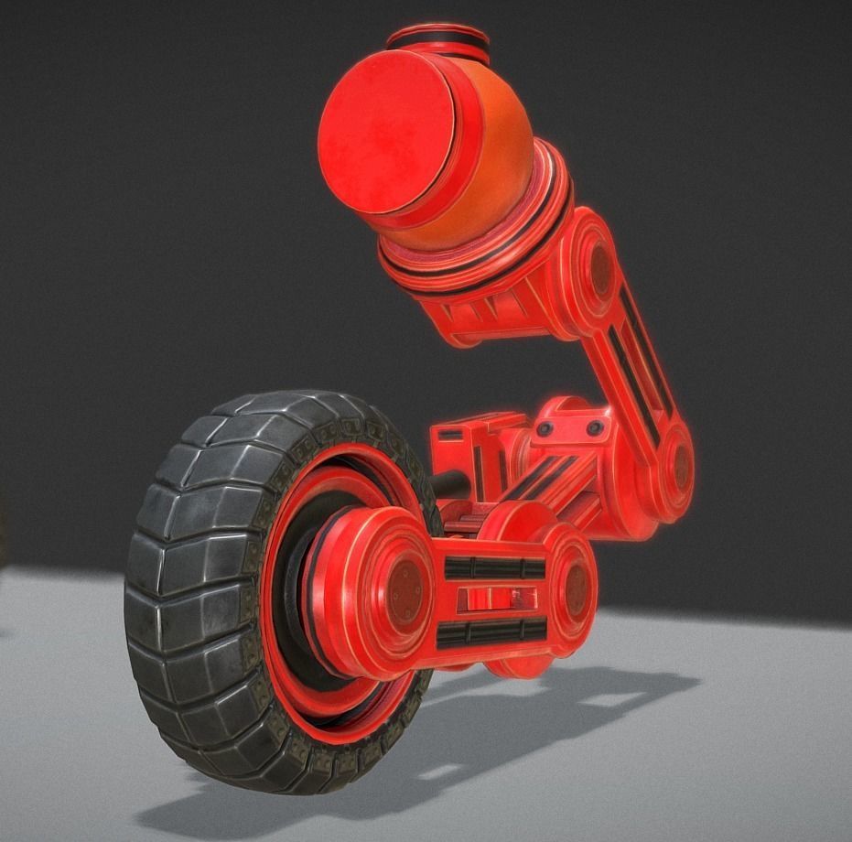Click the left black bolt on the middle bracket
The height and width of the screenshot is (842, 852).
[x=548, y=428]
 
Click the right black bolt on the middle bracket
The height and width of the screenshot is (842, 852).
[x=595, y=427]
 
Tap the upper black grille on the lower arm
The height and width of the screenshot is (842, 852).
[x=494, y=567]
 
